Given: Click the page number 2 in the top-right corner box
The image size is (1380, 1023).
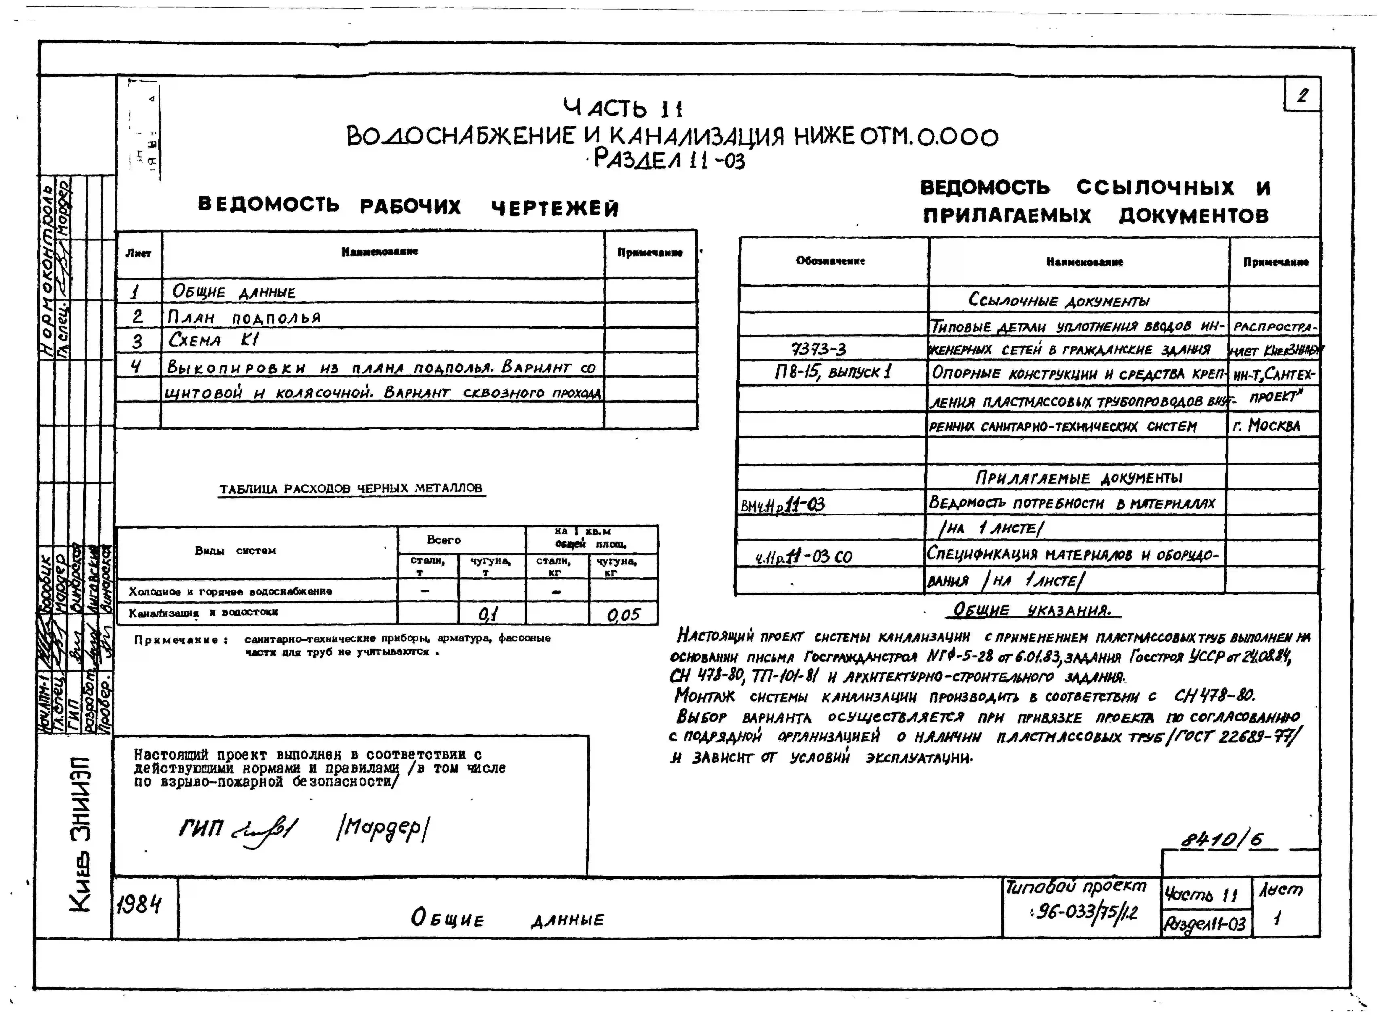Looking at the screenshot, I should tap(1303, 96).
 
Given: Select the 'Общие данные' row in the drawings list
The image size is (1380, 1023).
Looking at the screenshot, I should tap(234, 292).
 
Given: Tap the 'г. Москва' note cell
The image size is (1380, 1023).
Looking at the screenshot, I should tap(1266, 425).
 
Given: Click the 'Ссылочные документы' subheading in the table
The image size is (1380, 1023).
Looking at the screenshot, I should tap(1058, 301).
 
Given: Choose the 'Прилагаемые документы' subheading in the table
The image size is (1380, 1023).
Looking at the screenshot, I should tap(1078, 477).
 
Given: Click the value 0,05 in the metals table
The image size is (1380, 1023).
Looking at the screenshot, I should tap(623, 615).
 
